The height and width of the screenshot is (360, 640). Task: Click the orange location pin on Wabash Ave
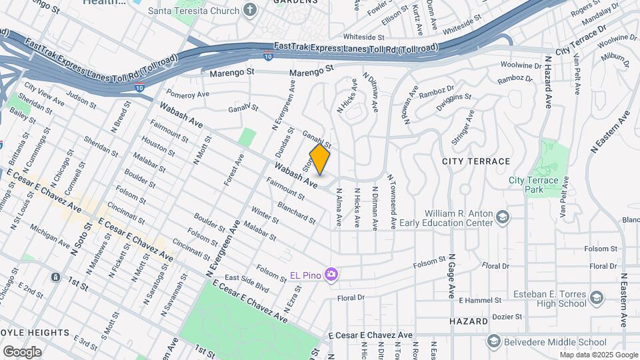tap(320, 160)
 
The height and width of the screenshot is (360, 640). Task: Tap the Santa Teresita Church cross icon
tap(250, 9)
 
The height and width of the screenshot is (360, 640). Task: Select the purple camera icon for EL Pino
tap(331, 274)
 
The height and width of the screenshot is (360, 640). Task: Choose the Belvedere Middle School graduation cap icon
tap(493, 343)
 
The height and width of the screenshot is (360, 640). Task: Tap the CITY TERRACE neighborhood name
tap(476, 161)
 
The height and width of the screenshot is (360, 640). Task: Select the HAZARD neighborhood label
tap(468, 321)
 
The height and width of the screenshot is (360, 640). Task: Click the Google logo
tap(22, 352)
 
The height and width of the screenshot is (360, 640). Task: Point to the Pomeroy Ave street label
tap(187, 94)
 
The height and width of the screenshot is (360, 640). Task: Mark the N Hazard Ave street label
tap(549, 83)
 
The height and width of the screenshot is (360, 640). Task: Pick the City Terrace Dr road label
tap(581, 41)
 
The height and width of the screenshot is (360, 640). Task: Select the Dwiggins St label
tap(453, 101)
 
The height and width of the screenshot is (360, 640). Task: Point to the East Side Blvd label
tap(246, 282)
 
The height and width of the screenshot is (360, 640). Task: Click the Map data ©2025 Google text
tap(598, 355)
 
